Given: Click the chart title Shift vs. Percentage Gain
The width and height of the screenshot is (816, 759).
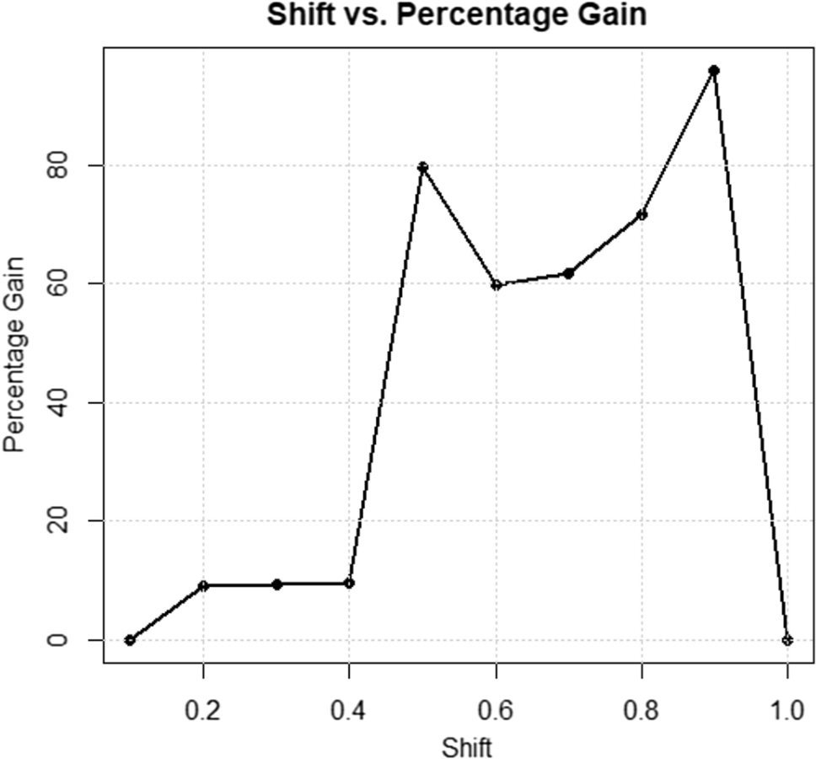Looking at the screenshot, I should [x=456, y=14].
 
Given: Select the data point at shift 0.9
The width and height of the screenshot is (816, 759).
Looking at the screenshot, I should [x=714, y=71].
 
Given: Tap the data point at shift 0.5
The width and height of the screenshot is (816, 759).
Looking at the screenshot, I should [x=423, y=167].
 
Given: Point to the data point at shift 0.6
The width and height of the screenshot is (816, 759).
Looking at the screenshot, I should [x=497, y=285].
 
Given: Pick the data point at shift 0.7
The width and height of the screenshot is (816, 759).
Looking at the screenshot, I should [x=569, y=273].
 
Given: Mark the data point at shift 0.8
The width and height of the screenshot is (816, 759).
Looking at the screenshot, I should [x=642, y=215].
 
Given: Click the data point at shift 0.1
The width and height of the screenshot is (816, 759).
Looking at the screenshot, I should [x=130, y=640].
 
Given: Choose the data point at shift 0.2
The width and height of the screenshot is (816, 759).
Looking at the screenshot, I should [x=203, y=585].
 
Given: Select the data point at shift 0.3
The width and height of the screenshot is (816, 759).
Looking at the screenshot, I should [x=276, y=584].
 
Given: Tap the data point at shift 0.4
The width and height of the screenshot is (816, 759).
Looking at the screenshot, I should [x=349, y=583].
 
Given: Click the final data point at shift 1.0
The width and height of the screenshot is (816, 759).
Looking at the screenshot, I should [x=787, y=640].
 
